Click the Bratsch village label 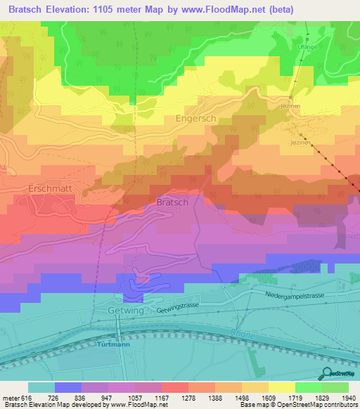[171, 202]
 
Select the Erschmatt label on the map [51, 189]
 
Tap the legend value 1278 [188, 397]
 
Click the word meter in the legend [10, 397]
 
